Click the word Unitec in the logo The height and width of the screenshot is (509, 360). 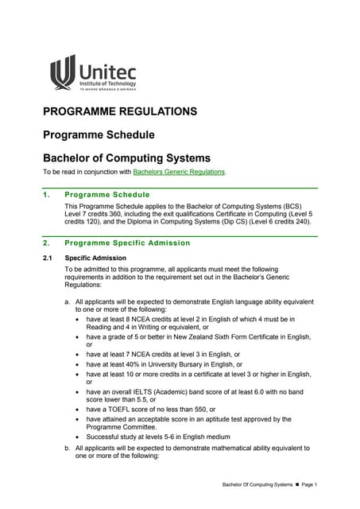click(x=108, y=70)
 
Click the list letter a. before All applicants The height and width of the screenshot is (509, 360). click(x=67, y=302)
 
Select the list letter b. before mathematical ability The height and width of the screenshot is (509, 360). click(x=67, y=448)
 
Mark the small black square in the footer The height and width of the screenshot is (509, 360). click(x=293, y=484)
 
